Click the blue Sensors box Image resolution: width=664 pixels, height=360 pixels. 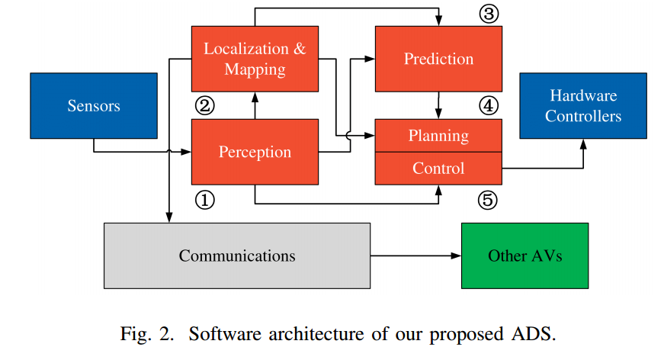coord(94,105)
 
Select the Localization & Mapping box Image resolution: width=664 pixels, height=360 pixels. coord(255,59)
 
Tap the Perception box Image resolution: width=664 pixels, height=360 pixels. coord(255,152)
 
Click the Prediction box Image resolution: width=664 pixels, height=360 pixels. coord(438,59)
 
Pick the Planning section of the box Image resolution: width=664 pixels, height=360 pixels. coord(438,136)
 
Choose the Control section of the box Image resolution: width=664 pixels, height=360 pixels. coord(438,168)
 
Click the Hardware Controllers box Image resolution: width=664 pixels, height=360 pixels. coord(583,106)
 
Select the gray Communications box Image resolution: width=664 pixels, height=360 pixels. coord(237,256)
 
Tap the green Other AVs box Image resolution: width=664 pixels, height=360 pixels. coord(524,256)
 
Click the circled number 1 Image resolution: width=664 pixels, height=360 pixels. coord(205,200)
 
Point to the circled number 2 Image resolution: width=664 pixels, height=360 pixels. coord(205,105)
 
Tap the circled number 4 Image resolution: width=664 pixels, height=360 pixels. coord(489,105)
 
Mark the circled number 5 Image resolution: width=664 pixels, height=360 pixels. coord(489,200)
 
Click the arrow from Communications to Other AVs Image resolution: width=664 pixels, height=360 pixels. coord(415,256)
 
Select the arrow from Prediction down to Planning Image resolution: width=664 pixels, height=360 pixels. coord(438,105)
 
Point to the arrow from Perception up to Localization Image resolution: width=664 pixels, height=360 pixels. coord(255,105)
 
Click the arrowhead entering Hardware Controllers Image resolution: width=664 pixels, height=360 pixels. coord(583,143)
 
